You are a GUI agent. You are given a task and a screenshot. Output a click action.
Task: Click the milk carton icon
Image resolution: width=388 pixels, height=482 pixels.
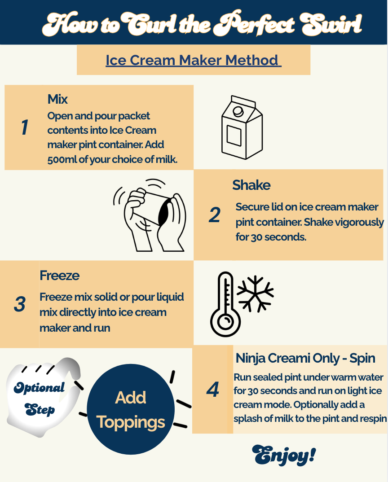242,127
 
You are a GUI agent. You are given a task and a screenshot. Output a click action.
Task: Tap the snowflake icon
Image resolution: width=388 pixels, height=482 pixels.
256,294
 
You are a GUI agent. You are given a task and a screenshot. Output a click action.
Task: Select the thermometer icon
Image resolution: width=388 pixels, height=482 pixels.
225,304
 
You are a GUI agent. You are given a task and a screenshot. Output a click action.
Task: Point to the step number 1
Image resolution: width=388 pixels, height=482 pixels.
25,127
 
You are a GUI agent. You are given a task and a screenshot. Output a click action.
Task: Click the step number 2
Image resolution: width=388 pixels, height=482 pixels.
215,215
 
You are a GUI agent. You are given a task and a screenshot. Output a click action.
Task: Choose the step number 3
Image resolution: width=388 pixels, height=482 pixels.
20,304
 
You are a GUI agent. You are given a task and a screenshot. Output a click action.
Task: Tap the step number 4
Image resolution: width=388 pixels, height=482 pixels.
212,390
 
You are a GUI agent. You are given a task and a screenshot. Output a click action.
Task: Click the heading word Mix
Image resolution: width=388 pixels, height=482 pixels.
57,99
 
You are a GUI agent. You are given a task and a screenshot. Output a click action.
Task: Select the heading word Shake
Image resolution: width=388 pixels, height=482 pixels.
251,185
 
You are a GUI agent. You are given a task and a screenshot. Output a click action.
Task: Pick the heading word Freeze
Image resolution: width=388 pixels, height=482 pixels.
59,276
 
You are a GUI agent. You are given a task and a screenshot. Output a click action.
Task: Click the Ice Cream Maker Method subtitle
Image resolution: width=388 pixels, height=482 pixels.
193,60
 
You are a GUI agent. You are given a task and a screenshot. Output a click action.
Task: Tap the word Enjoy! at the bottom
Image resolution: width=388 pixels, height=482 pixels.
284,455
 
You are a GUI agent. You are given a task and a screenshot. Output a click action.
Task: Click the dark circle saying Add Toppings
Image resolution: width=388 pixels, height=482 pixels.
131,409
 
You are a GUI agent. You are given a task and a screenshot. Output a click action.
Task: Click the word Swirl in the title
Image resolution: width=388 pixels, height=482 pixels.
331,23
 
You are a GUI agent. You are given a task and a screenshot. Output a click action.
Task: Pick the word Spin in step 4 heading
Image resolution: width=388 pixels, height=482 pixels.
362,359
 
